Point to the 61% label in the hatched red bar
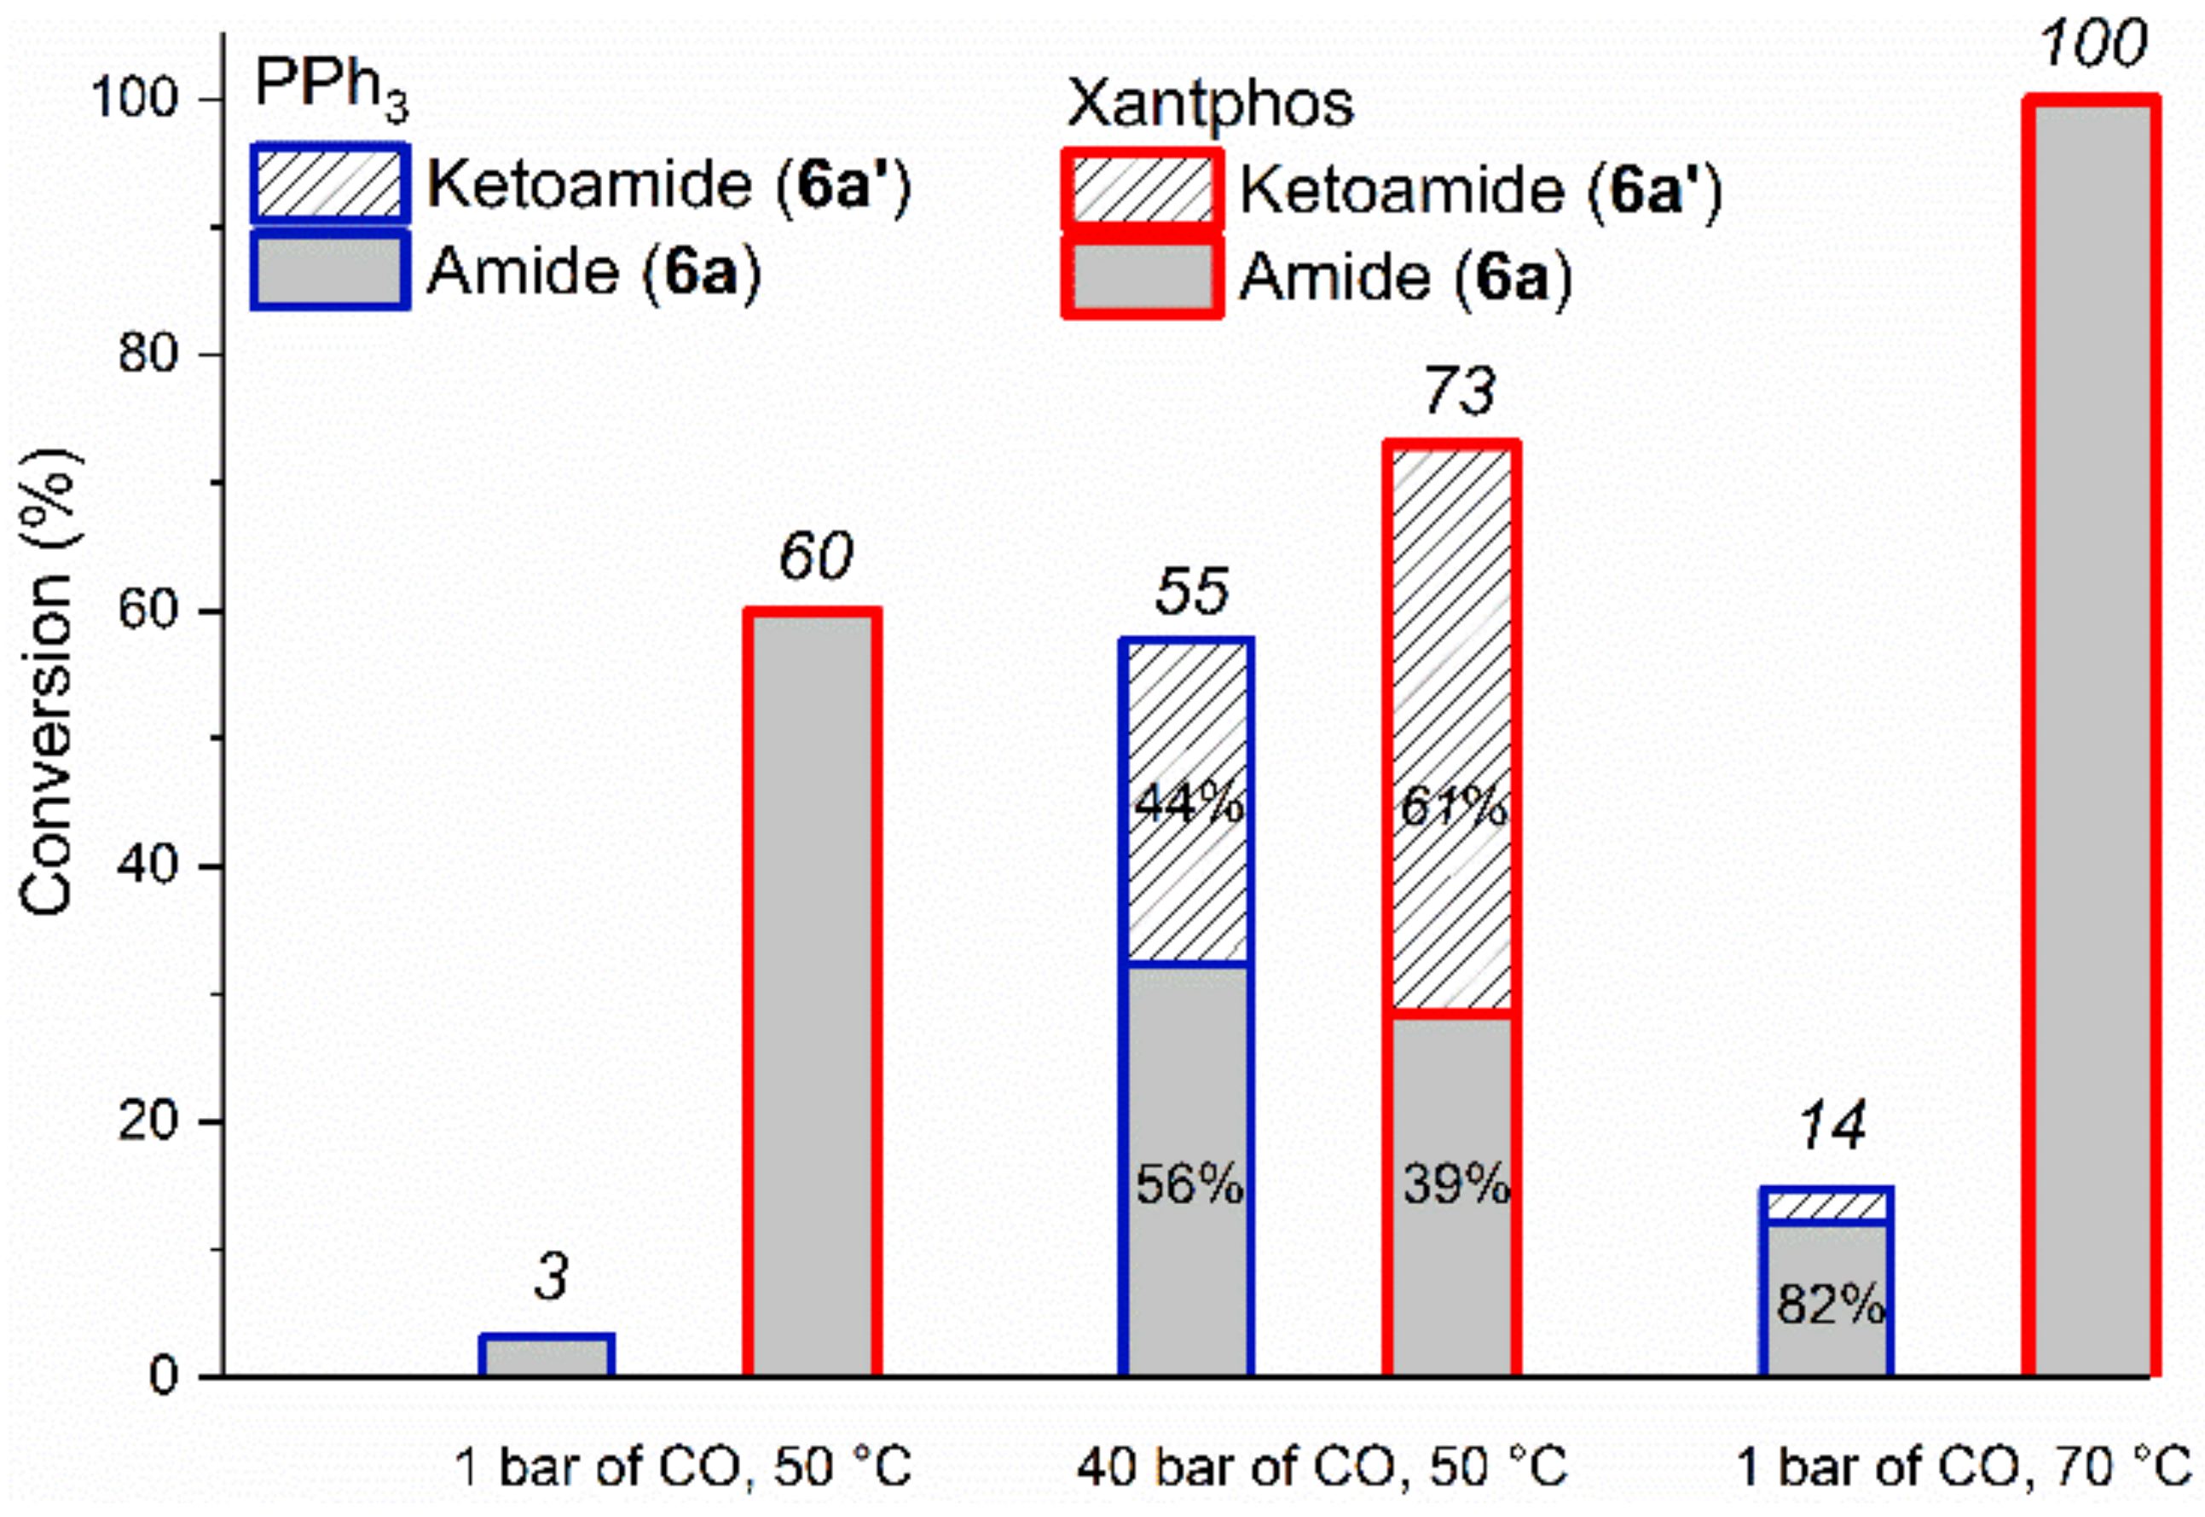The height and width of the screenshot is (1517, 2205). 1453,807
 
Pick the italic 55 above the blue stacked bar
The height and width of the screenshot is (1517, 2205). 1192,591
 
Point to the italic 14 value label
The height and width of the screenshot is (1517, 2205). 1830,1126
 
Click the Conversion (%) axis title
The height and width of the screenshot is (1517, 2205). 48,685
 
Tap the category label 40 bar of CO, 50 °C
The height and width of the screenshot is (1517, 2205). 1321,1467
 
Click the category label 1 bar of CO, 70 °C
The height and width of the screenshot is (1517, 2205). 1964,1467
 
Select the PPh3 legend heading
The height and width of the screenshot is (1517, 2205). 330,90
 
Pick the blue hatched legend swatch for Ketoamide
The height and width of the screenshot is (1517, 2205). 330,183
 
